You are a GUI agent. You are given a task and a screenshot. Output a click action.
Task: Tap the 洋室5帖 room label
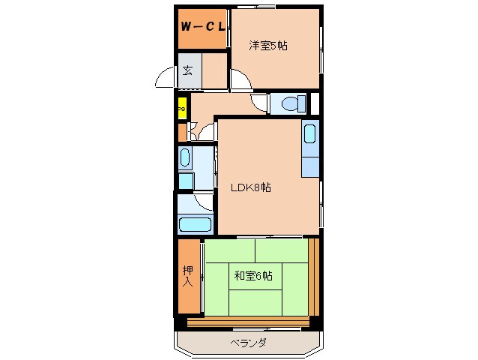point(268,46)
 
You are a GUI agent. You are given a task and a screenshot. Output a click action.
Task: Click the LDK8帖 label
point(251,187)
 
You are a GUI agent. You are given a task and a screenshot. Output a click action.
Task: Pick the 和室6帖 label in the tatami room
point(252,276)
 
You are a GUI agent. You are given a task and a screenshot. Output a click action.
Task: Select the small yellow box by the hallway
point(181,108)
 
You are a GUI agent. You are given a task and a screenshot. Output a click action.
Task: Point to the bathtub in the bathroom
point(196,223)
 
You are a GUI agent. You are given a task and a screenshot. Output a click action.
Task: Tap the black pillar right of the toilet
point(315,103)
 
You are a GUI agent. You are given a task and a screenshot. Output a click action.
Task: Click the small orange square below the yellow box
point(181,132)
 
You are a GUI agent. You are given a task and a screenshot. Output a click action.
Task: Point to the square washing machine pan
point(186,181)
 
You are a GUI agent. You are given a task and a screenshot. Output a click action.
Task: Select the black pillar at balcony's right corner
point(316,322)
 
